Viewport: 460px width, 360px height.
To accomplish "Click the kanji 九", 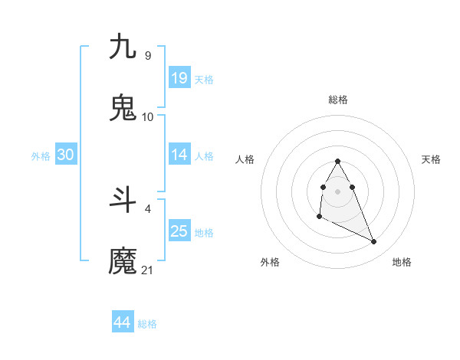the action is tap(123, 47).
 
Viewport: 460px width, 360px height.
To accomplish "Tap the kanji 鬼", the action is tap(123, 108).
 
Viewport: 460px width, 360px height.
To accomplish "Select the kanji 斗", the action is tap(123, 200).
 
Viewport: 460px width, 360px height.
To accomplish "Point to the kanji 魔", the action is tap(123, 261).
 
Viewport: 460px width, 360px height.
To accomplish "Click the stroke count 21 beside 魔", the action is tap(148, 270).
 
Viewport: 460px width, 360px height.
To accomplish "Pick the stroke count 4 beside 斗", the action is tap(147, 208).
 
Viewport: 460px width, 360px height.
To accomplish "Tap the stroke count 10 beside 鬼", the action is tap(148, 116).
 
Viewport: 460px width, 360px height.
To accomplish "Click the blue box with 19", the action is tap(179, 77).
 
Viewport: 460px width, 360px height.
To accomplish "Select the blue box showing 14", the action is tap(179, 155).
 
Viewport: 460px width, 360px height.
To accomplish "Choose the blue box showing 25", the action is tap(179, 231).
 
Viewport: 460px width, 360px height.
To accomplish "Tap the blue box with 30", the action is tap(66, 155).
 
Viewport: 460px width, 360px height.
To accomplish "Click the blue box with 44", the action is tap(123, 322).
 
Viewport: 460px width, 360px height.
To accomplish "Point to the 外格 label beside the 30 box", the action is tap(41, 156).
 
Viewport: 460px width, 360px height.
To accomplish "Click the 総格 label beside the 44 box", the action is tap(147, 324).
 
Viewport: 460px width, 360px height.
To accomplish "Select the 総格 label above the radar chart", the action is tap(338, 100).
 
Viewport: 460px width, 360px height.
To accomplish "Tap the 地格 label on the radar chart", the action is tap(402, 262).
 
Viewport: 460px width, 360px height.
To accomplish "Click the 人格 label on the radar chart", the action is tap(245, 159).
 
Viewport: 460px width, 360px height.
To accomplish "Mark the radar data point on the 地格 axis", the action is tap(374, 242).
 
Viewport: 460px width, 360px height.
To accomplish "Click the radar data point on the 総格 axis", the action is tap(338, 162).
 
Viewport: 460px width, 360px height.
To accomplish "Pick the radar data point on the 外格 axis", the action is tap(319, 218).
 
